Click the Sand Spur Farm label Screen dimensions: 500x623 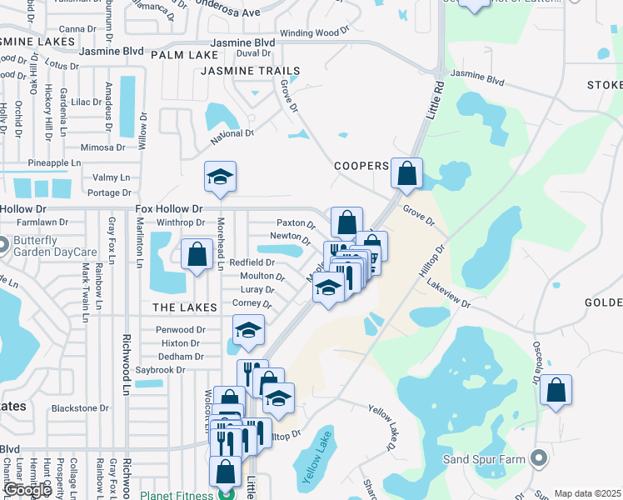[484, 459]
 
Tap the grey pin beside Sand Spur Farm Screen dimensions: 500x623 [539, 458]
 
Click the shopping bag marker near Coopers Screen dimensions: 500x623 [406, 173]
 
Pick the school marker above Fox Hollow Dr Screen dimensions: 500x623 [220, 177]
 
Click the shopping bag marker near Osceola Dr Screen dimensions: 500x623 [556, 390]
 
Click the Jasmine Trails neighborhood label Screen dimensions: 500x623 [237, 72]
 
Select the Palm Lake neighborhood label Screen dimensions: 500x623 [173, 55]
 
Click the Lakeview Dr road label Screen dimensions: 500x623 [449, 294]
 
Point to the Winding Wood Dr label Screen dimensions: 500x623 [314, 32]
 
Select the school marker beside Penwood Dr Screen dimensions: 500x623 [248, 331]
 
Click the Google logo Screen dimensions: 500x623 [27, 490]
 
